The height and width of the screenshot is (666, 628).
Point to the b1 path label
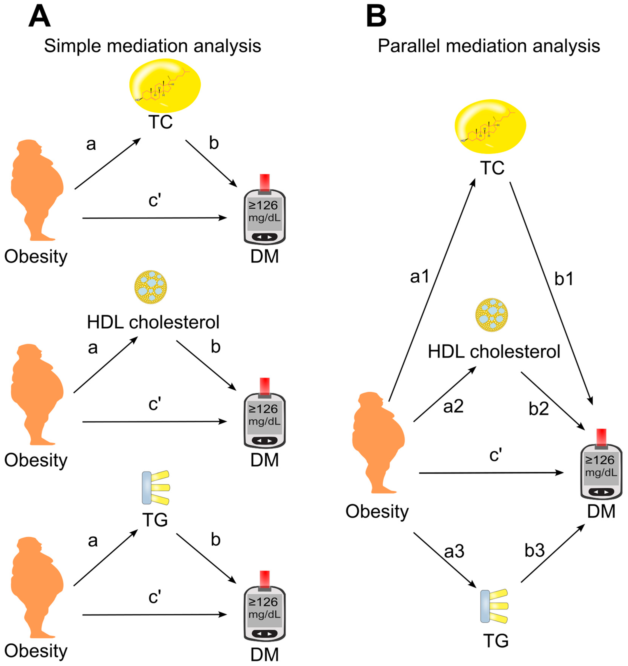564,279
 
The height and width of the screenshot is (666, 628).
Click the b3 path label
534,550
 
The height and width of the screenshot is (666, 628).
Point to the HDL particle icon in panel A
151,287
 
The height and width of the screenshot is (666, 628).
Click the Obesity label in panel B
377,512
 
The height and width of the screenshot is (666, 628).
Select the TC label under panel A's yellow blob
160,122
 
